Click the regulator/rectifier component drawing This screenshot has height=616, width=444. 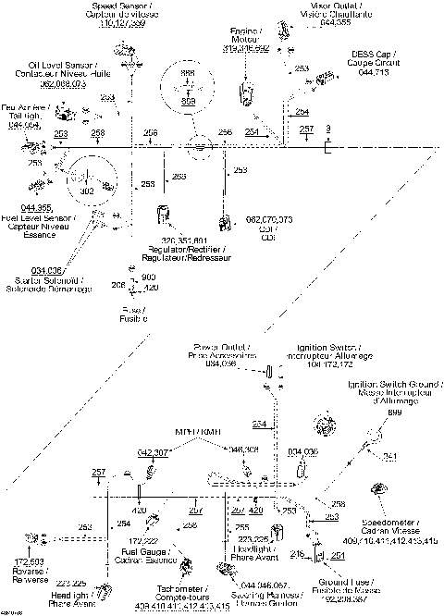pos(164,215)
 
